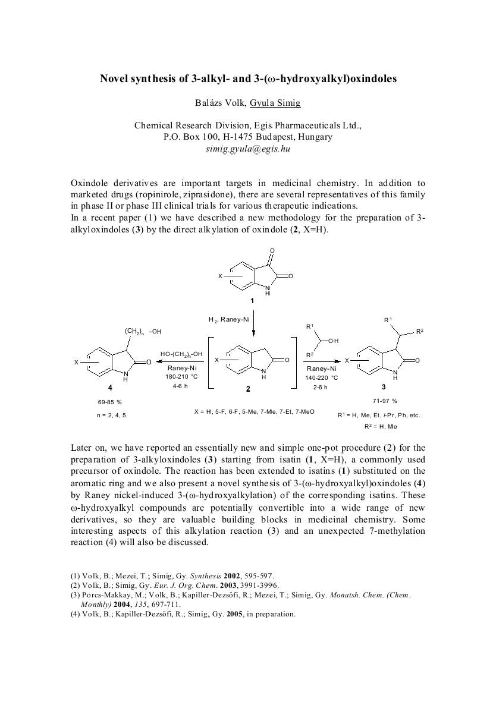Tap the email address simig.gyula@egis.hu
(247, 148)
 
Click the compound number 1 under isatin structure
(252, 301)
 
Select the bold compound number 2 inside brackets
(248, 389)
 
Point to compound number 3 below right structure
(384, 386)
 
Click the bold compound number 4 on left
(110, 387)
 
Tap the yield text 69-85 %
(110, 402)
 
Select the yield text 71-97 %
(386, 401)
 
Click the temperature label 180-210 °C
(182, 377)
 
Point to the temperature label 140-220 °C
(322, 378)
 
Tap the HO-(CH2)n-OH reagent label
(181, 355)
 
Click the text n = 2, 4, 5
(111, 415)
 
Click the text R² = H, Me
(381, 427)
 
